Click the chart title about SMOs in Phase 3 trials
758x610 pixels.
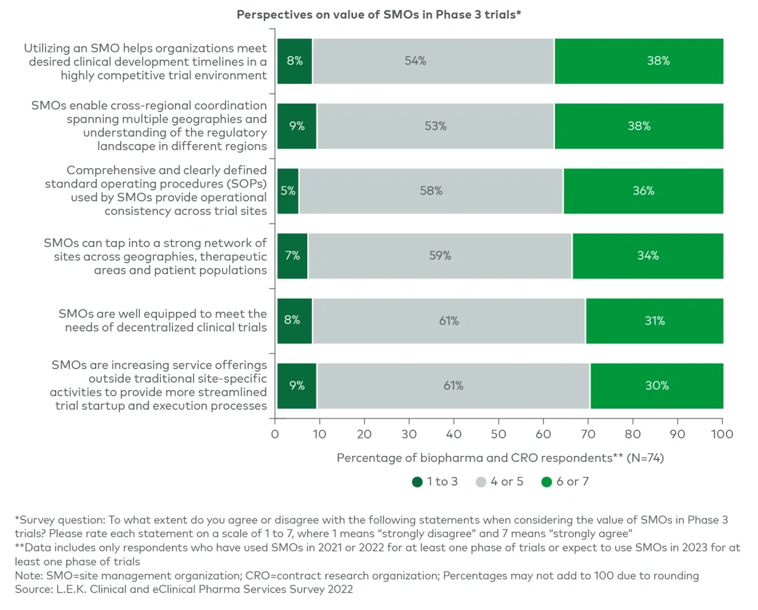click(x=378, y=15)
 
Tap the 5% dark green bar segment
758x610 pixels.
click(x=288, y=191)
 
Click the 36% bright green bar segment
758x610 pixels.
click(x=643, y=191)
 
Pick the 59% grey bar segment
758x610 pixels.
click(x=440, y=256)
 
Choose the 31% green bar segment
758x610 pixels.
click(x=654, y=320)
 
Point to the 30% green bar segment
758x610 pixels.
click(x=657, y=385)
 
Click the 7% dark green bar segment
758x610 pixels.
click(x=292, y=256)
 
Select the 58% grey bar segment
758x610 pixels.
click(x=431, y=191)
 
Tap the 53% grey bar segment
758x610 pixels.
click(x=435, y=126)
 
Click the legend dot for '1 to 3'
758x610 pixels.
click(x=417, y=482)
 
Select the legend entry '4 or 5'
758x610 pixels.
click(x=500, y=482)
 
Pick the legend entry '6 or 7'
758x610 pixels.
click(x=565, y=482)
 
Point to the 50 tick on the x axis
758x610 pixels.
click(x=499, y=434)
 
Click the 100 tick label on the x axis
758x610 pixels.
click(x=722, y=434)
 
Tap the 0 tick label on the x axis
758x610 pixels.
click(x=275, y=434)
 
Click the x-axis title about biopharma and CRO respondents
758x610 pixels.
click(x=500, y=458)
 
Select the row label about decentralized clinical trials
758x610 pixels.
click(x=163, y=320)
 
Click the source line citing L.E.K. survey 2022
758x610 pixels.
click(x=184, y=589)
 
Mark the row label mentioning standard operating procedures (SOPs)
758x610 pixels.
click(x=156, y=191)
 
